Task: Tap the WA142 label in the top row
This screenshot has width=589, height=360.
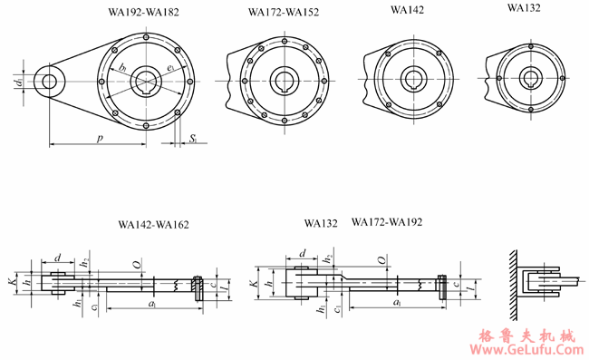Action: point(408,10)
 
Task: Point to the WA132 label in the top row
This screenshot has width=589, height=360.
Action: point(525,8)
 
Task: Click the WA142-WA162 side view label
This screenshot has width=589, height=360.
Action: point(154,223)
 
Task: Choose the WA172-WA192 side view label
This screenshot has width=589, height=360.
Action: point(386,221)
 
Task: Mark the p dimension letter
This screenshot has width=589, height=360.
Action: point(97,136)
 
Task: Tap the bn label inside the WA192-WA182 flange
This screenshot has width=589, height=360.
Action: point(122,67)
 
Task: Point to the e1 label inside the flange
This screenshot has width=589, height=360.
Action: point(170,67)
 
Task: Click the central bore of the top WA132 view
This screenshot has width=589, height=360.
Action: point(526,76)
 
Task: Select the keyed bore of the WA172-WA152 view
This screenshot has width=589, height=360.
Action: point(284,80)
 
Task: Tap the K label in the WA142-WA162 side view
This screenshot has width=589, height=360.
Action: point(12,283)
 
